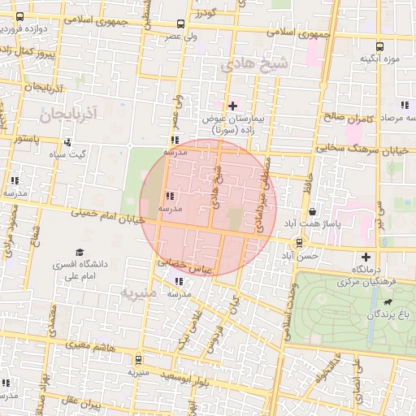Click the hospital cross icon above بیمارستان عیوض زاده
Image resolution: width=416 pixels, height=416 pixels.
[x=233, y=106]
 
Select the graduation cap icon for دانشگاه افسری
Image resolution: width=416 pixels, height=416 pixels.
[x=80, y=253]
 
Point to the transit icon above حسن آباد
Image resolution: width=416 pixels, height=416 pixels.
[x=300, y=242]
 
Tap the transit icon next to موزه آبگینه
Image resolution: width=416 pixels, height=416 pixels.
[x=380, y=47]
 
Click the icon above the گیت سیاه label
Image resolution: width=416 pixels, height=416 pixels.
[x=67, y=142]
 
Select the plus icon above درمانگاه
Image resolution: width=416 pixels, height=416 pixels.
[x=366, y=257]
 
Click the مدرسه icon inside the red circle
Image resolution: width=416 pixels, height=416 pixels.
[x=169, y=196]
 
